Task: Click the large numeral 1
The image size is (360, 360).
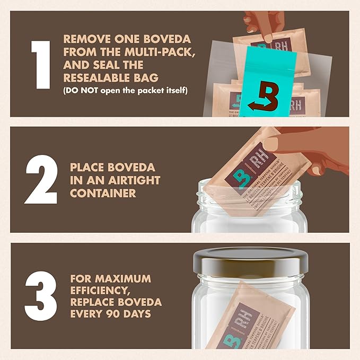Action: (x=40, y=64)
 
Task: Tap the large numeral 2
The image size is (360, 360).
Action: (x=40, y=180)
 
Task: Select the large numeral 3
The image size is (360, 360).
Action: (x=40, y=295)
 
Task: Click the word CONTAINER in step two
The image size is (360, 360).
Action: (x=103, y=192)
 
